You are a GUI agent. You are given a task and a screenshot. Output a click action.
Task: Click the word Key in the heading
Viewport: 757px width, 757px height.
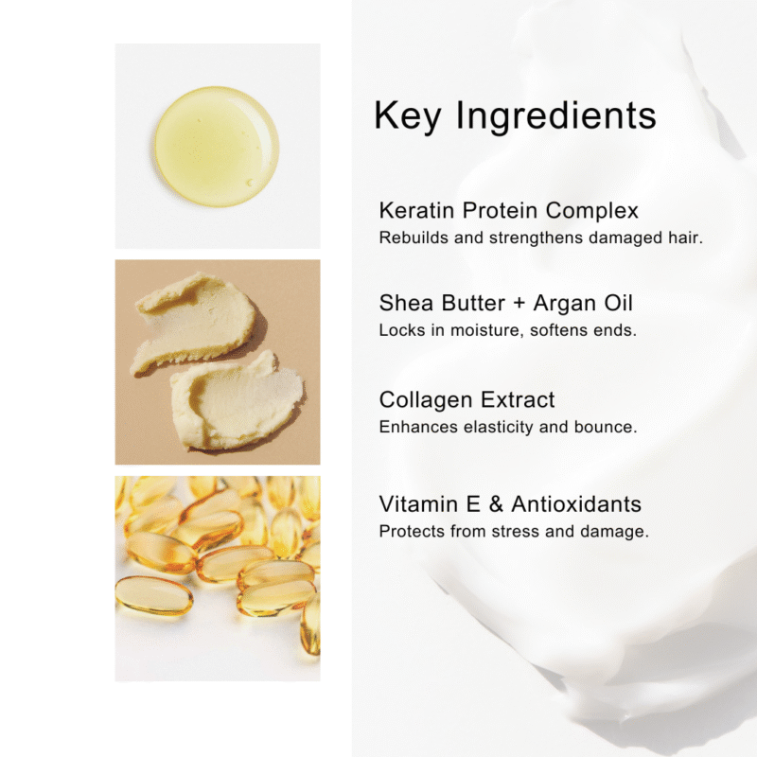(408, 115)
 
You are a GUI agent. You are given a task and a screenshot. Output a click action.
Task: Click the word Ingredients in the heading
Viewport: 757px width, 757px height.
(556, 114)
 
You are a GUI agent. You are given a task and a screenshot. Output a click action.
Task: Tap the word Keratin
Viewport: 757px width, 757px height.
(416, 210)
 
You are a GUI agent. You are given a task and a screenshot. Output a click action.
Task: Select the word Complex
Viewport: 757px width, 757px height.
(592, 211)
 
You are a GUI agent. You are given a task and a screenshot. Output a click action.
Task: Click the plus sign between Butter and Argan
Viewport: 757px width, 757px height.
(519, 303)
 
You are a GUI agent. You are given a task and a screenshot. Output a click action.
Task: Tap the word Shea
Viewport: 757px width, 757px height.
(406, 303)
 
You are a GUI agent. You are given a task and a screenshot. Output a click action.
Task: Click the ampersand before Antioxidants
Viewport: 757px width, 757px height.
(496, 504)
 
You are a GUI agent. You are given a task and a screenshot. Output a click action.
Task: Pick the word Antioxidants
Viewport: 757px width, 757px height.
(576, 504)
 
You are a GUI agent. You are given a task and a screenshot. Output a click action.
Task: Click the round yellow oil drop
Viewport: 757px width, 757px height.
(217, 147)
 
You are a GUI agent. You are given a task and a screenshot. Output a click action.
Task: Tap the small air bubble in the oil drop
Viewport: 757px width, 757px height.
(250, 183)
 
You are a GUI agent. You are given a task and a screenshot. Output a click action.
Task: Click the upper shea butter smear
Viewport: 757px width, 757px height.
(196, 322)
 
